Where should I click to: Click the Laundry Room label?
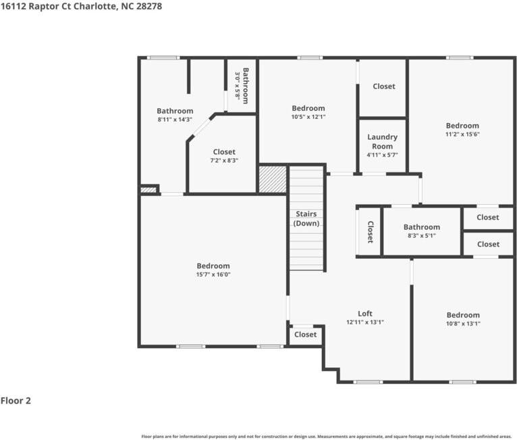[x=383, y=142]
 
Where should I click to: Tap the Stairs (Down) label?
[x=306, y=218]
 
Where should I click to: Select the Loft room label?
[x=365, y=314]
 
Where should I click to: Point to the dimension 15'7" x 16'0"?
[x=213, y=274]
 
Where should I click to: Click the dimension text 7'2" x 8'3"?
[x=224, y=161]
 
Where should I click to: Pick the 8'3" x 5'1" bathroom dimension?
[x=422, y=236]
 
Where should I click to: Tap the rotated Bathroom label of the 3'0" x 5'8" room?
[x=246, y=86]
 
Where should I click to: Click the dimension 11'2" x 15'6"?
[x=462, y=135]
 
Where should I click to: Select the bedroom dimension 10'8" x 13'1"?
[x=463, y=324]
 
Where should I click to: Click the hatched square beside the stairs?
[x=273, y=179]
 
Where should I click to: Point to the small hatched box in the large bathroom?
[x=148, y=190]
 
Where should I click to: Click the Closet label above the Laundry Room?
[x=384, y=87]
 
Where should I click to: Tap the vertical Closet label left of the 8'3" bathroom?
[x=371, y=232]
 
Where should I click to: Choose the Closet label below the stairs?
[x=305, y=335]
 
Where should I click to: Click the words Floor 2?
[x=16, y=401]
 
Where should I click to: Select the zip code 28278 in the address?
[x=149, y=6]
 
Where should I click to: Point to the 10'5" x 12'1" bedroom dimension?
[x=308, y=117]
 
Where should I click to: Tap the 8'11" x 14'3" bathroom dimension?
[x=175, y=120]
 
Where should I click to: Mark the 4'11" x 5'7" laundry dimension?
[x=383, y=155]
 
